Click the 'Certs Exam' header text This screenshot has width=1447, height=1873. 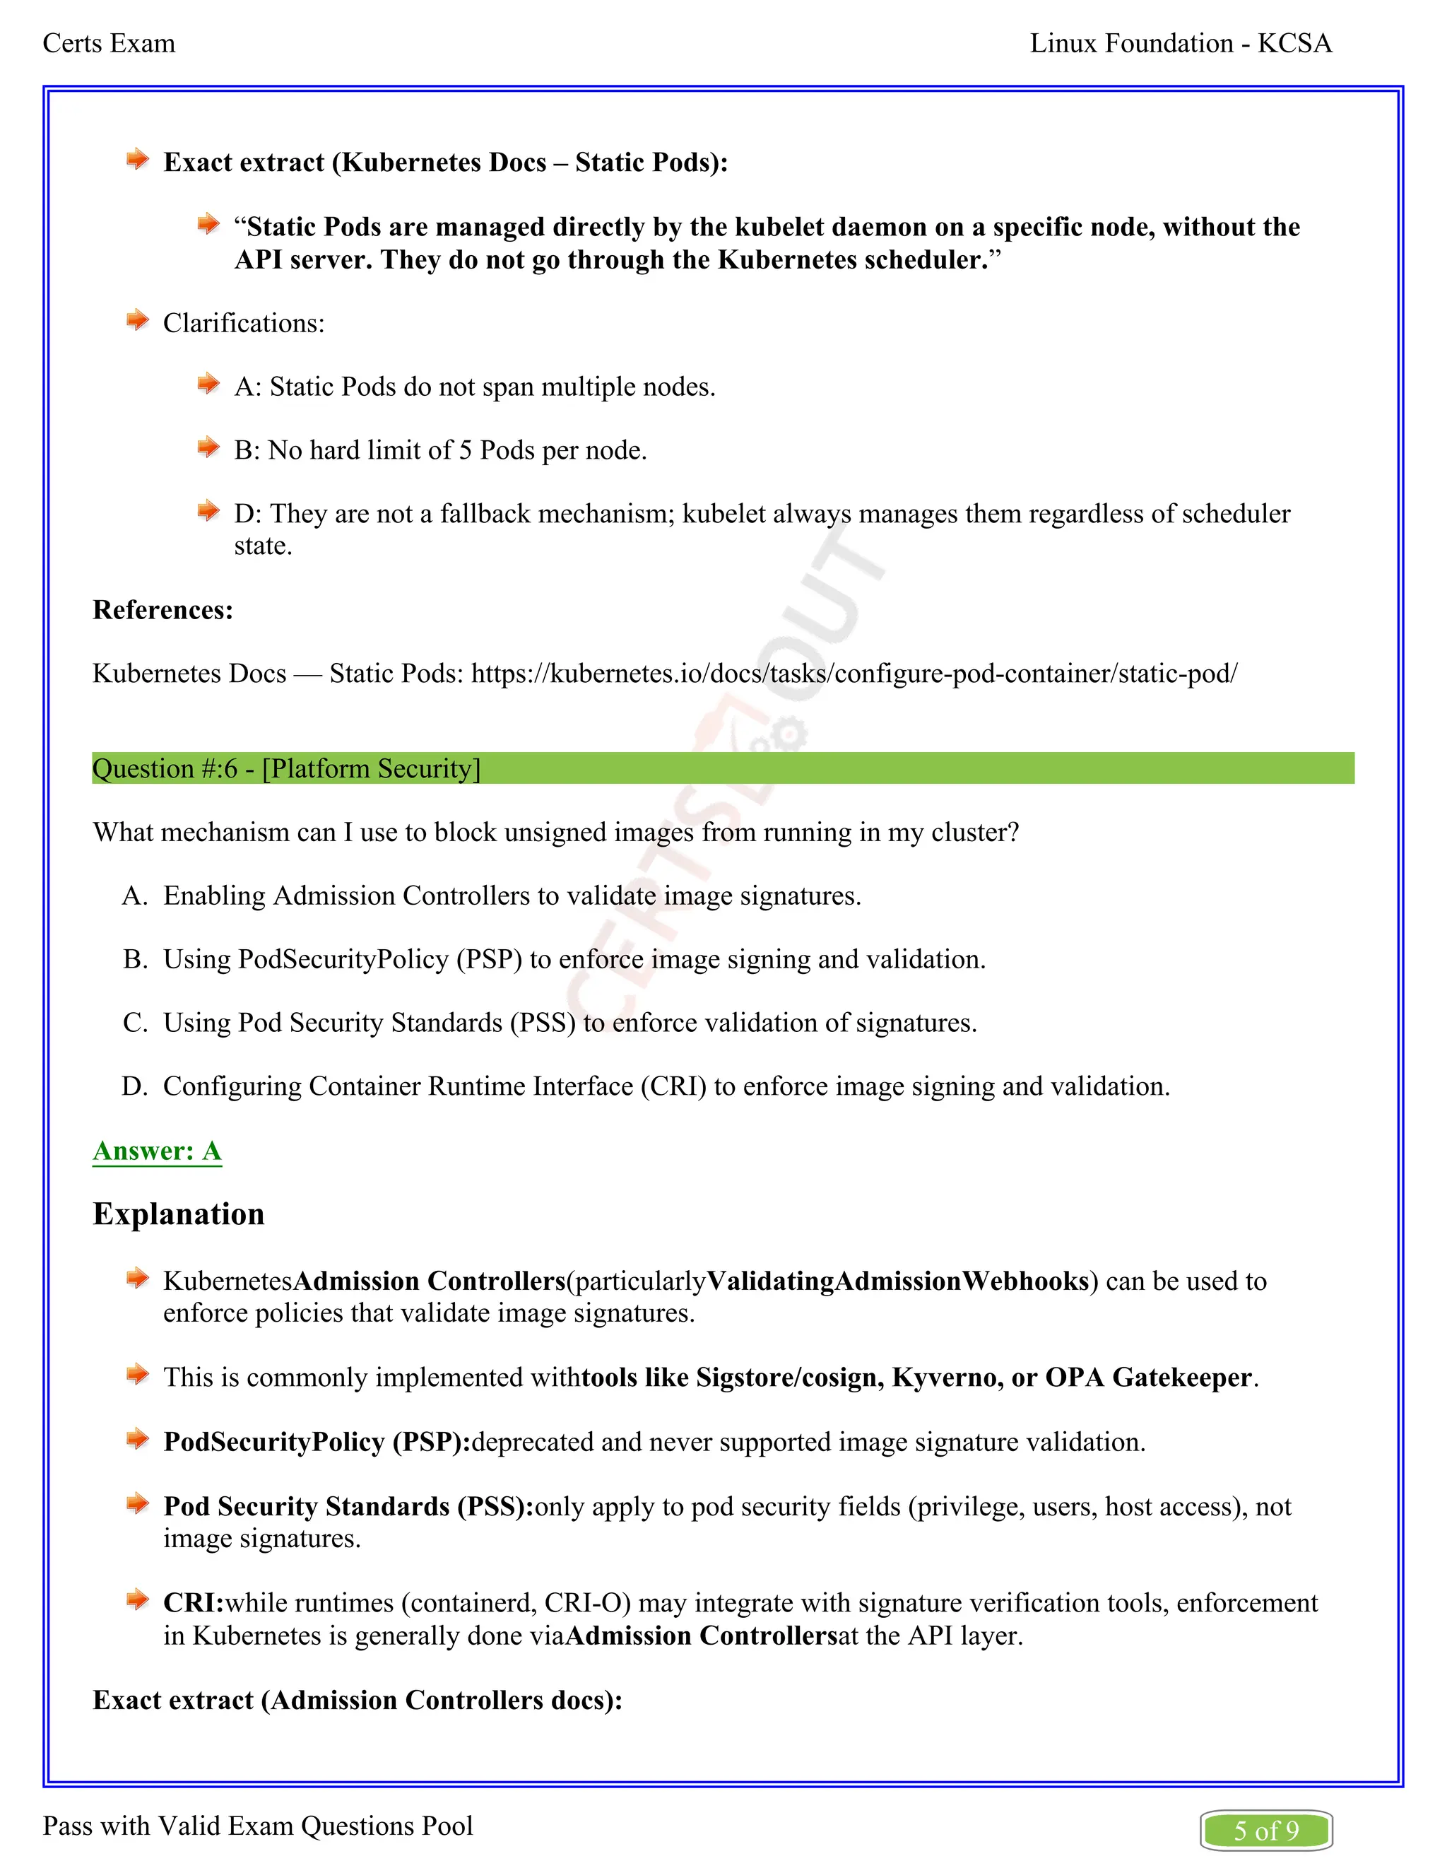tap(109, 44)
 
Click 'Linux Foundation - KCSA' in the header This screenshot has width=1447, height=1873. tap(1181, 44)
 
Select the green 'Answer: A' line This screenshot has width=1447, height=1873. tap(157, 1151)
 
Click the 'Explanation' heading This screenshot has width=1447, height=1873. tap(178, 1214)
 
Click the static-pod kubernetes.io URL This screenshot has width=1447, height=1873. tap(854, 673)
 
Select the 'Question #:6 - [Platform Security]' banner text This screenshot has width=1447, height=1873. tap(286, 768)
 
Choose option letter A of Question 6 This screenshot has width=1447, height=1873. tap(134, 896)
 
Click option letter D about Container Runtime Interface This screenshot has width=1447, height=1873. tap(134, 1086)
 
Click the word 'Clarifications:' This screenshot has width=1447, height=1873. tap(244, 323)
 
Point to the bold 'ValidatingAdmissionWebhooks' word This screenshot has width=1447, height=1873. tap(897, 1281)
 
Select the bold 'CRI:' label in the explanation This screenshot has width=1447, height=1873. tap(194, 1603)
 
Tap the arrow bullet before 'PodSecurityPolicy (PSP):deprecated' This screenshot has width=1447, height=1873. tap(137, 1440)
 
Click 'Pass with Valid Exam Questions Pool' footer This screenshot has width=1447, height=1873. tap(258, 1826)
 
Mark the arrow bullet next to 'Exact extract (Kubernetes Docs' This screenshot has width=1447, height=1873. tap(137, 160)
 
